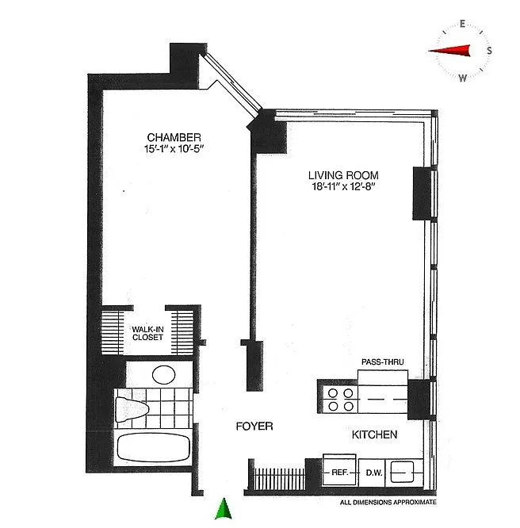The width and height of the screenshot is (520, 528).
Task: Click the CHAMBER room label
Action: [174, 137]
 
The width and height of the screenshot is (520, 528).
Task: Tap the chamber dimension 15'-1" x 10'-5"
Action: [174, 148]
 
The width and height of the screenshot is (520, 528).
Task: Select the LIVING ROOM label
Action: [343, 175]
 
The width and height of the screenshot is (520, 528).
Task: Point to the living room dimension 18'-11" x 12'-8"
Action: [343, 186]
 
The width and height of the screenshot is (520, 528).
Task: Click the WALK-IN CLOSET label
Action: [147, 333]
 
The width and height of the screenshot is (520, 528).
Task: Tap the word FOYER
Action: [254, 427]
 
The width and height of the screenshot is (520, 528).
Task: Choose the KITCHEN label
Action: [374, 434]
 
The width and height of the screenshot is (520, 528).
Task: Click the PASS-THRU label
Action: [383, 362]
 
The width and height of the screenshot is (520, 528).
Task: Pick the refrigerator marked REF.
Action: [339, 470]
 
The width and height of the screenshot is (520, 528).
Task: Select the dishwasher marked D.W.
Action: [374, 473]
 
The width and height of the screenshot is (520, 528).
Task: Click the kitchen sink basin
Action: [402, 472]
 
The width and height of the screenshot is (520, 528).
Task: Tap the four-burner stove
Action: [341, 400]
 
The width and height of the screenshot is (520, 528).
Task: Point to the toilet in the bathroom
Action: [132, 409]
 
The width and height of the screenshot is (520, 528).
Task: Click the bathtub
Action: [154, 447]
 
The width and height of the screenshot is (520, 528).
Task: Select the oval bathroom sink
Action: [163, 375]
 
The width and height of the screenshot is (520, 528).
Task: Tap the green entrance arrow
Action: [224, 509]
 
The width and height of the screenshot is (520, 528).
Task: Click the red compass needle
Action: [449, 51]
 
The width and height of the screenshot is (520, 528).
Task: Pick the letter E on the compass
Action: [462, 24]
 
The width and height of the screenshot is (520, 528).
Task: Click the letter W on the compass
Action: [462, 78]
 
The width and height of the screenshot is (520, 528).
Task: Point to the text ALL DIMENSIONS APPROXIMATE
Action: [388, 503]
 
